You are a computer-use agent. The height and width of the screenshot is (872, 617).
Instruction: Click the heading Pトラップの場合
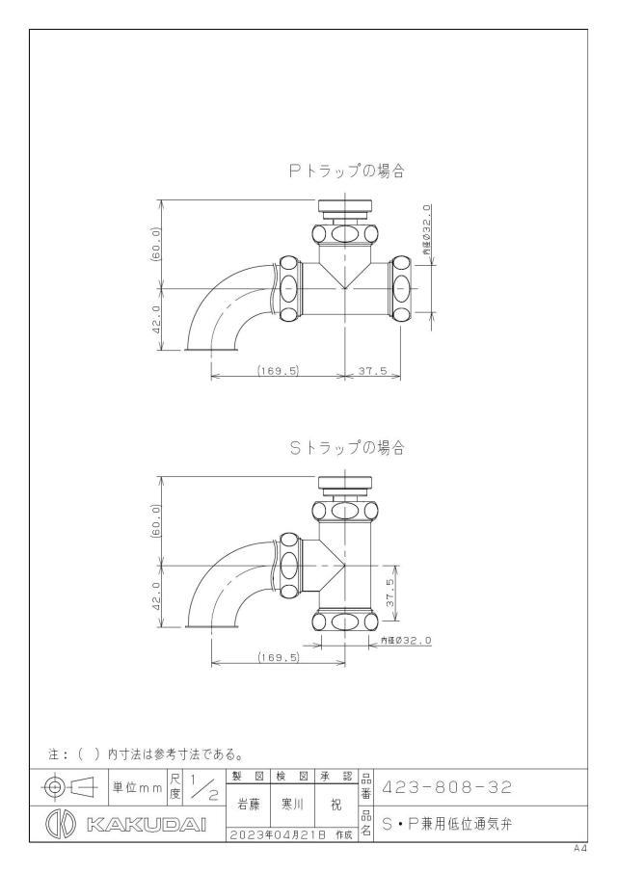346,171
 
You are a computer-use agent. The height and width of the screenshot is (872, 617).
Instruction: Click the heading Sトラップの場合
347,448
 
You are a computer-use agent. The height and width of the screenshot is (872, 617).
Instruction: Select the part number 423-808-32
446,787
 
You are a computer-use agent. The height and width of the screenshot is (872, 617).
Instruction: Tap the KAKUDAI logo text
147,824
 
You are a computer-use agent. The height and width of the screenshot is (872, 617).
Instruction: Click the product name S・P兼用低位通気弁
446,824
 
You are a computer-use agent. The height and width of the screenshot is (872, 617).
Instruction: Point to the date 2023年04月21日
276,834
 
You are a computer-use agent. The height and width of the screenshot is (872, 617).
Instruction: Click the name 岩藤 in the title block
248,805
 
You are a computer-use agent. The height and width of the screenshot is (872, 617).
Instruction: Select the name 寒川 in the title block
292,805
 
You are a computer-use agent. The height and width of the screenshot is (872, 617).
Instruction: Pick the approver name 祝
336,805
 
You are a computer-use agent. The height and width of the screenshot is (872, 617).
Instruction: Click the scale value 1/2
203,787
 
